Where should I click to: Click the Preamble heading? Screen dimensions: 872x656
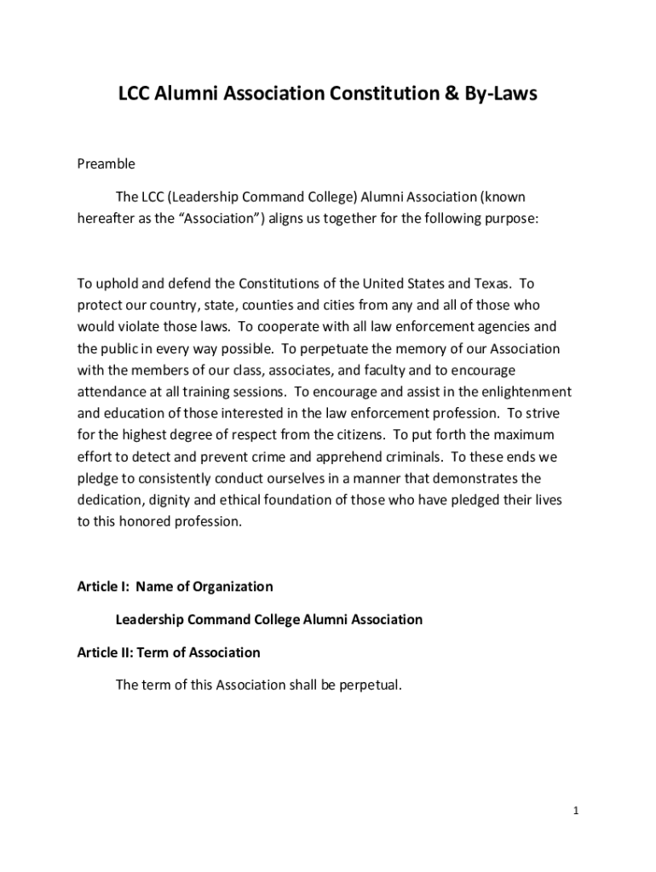pyautogui.click(x=106, y=163)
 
